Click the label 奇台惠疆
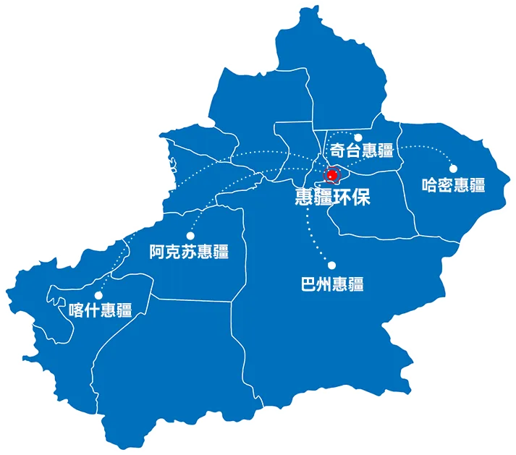tap(361, 151)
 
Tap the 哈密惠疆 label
tap(453, 184)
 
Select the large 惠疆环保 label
tap(333, 197)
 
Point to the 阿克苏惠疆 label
tap(189, 252)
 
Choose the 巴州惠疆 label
tap(331, 284)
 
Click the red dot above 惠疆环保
tap(332, 175)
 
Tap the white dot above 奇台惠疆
tap(358, 137)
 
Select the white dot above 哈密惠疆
tap(453, 169)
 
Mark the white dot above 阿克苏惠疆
tap(190, 235)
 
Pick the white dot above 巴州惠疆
tap(332, 265)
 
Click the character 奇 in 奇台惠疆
tap(337, 151)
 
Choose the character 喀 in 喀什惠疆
tap(75, 310)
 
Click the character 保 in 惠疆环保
tap(361, 197)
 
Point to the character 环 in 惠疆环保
tap(342, 197)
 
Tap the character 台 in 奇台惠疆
tap(353, 151)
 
